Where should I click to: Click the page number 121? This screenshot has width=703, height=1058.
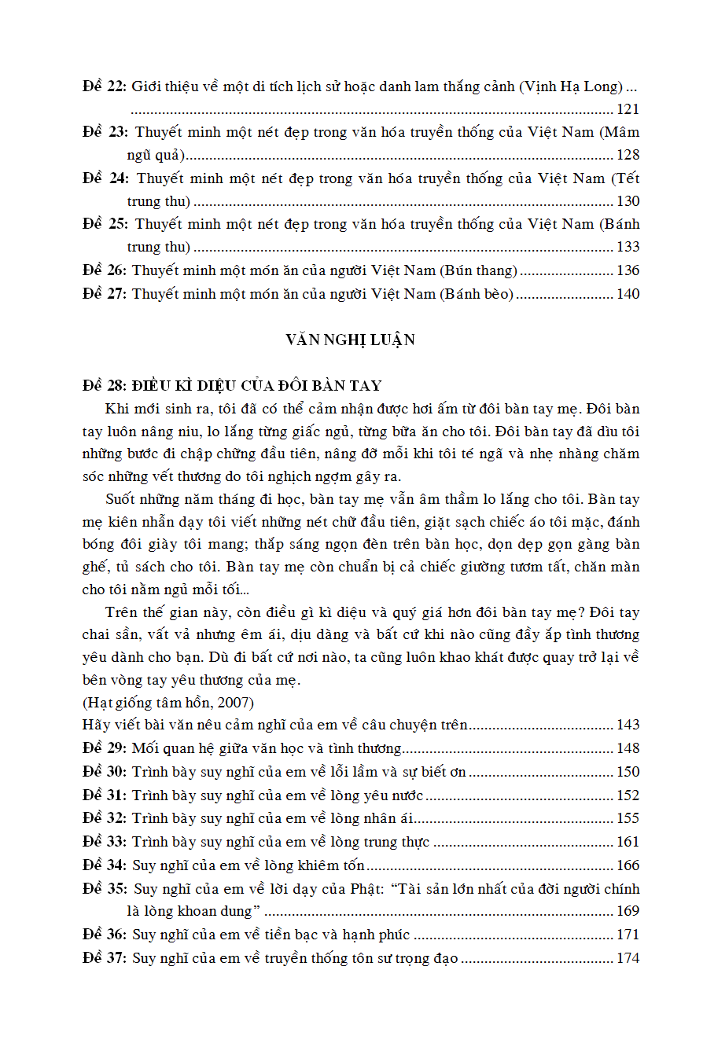pyautogui.click(x=628, y=109)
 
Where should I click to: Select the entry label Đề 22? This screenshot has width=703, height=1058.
pyautogui.click(x=105, y=86)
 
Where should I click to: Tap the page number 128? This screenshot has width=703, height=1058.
pyautogui.click(x=628, y=155)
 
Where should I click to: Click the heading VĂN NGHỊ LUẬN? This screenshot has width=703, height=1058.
pyautogui.click(x=351, y=340)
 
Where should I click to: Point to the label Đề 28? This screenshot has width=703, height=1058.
pyautogui.click(x=105, y=385)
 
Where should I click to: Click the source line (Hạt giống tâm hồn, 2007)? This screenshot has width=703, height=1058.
pyautogui.click(x=168, y=701)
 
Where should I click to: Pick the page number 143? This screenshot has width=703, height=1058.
pyautogui.click(x=628, y=725)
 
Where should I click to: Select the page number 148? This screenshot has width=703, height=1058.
pyautogui.click(x=628, y=748)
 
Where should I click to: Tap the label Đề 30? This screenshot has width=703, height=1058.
pyautogui.click(x=105, y=771)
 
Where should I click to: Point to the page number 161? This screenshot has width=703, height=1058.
pyautogui.click(x=628, y=842)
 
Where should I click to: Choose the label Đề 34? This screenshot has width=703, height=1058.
pyautogui.click(x=105, y=865)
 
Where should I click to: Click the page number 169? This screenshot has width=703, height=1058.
pyautogui.click(x=628, y=912)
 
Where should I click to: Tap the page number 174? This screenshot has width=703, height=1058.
pyautogui.click(x=628, y=958)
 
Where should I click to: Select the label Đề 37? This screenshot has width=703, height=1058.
pyautogui.click(x=105, y=958)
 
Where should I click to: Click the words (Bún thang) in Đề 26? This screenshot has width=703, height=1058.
pyautogui.click(x=479, y=270)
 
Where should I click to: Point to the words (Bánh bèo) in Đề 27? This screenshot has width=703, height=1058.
pyautogui.click(x=476, y=294)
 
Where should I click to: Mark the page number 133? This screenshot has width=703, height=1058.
pyautogui.click(x=628, y=247)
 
